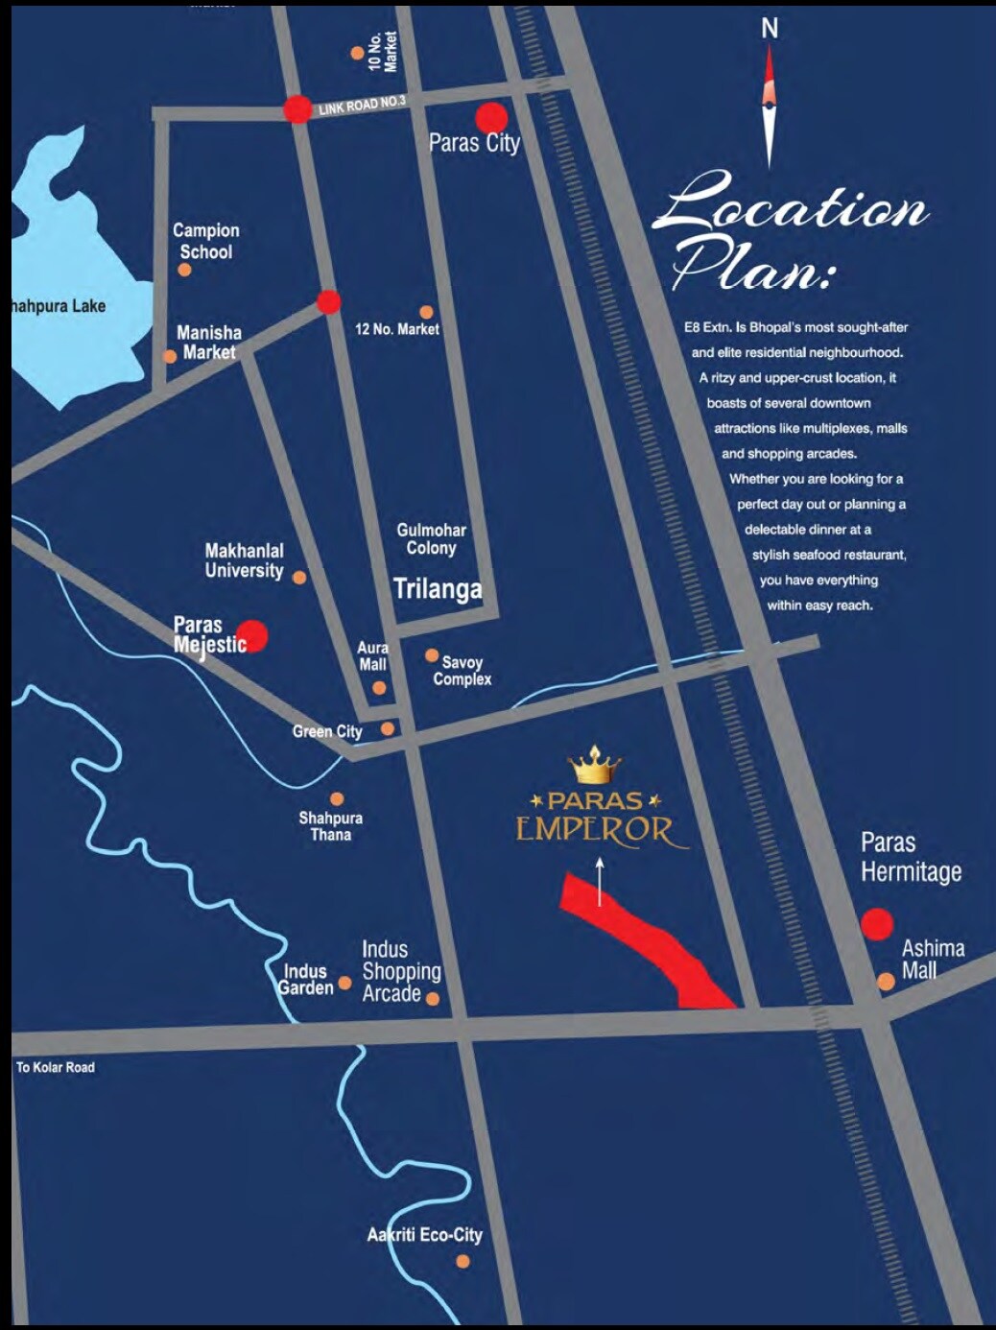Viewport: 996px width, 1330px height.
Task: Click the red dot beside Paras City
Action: [x=491, y=117]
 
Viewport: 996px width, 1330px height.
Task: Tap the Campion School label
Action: [x=205, y=241]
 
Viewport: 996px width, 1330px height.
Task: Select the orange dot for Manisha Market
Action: [x=170, y=356]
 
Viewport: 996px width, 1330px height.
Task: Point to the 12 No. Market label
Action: [x=396, y=329]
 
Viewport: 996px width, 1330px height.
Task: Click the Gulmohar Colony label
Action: [x=431, y=538]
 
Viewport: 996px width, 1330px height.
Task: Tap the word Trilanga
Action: [x=438, y=588]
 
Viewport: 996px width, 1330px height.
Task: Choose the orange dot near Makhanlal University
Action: [x=299, y=578]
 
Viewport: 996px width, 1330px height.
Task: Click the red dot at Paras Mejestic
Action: [x=253, y=635]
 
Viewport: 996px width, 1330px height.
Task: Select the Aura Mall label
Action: [x=372, y=656]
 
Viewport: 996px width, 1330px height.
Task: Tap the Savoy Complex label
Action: [x=462, y=671]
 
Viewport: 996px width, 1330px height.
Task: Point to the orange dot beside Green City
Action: [x=388, y=729]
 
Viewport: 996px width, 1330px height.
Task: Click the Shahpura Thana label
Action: [x=330, y=826]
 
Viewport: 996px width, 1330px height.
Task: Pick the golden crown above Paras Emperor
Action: [x=595, y=766]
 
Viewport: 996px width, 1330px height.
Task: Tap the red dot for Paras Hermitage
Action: [x=876, y=923]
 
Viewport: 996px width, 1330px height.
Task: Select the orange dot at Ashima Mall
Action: [x=886, y=982]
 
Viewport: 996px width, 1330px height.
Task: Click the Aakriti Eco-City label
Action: [x=424, y=1235]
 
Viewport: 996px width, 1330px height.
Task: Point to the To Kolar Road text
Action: [x=56, y=1067]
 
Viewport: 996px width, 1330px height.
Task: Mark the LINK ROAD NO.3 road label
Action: [x=362, y=105]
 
